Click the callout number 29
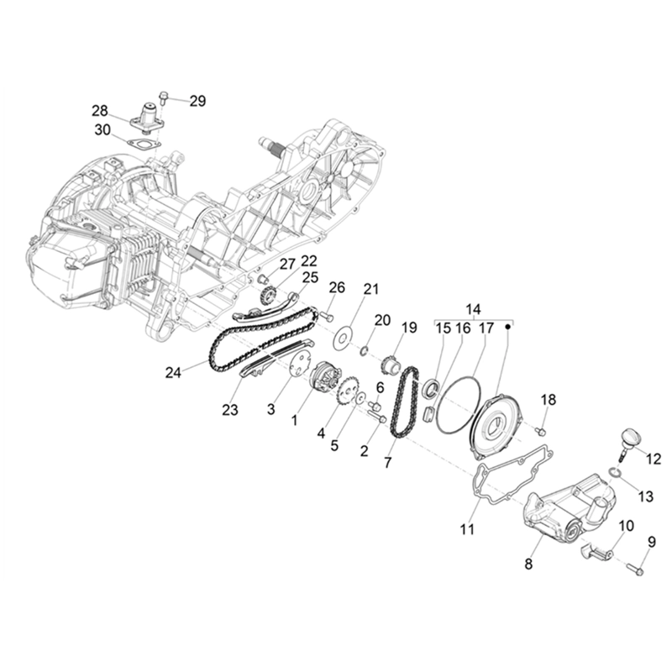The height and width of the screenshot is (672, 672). [197, 101]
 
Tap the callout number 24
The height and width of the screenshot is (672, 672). [174, 372]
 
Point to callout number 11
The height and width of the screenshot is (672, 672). [467, 529]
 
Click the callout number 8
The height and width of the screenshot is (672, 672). [528, 564]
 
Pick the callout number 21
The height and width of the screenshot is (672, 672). [370, 290]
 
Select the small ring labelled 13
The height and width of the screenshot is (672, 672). [615, 476]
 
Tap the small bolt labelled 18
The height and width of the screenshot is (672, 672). [540, 431]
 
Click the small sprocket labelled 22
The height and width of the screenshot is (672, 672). [269, 295]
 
